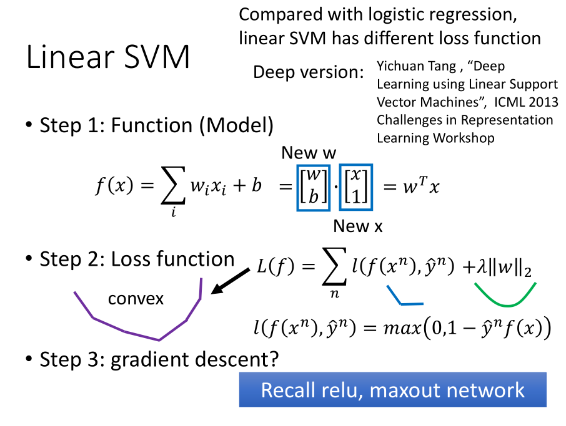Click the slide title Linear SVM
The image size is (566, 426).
tap(108, 58)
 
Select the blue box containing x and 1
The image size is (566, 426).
tap(355, 186)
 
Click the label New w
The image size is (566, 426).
tap(309, 153)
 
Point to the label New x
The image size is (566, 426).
tap(357, 226)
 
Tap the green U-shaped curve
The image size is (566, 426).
tap(505, 297)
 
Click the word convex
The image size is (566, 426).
tap(136, 299)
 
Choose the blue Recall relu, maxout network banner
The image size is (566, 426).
tap(392, 390)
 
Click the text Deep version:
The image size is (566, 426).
tap(308, 72)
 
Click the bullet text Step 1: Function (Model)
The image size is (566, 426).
tap(156, 125)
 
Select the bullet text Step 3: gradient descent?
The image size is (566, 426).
tap(159, 359)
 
